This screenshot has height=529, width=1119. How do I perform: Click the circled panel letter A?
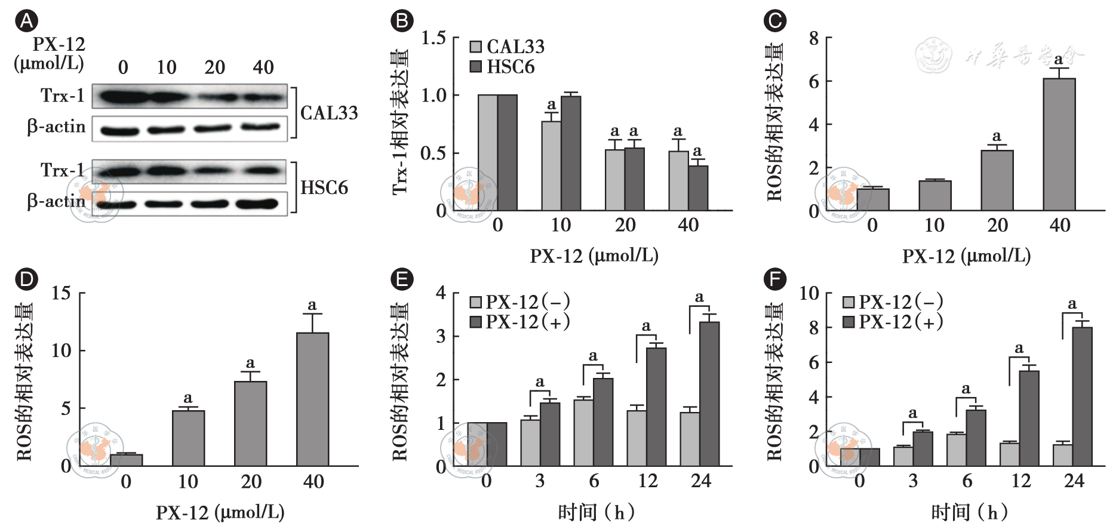click(26, 21)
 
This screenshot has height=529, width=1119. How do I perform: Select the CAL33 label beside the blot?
click(329, 113)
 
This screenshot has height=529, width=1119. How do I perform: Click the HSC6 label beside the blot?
click(324, 187)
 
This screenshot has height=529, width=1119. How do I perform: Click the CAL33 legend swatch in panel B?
click(476, 47)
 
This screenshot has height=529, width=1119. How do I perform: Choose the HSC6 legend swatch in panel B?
click(476, 66)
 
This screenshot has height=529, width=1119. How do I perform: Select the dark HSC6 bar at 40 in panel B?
click(698, 188)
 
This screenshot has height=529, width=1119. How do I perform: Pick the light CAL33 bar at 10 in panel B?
click(551, 166)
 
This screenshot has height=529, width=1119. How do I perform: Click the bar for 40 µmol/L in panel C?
click(1059, 144)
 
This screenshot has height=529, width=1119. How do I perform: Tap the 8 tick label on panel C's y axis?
click(814, 38)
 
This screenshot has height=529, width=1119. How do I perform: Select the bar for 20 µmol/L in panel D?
click(250, 423)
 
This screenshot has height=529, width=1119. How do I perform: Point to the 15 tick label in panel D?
click(61, 293)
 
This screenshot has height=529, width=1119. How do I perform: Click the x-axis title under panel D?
click(220, 512)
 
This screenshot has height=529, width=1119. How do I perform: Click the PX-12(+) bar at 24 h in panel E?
click(709, 394)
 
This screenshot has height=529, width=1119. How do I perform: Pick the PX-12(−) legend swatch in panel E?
click(476, 302)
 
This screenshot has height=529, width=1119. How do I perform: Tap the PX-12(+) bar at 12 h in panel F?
click(1029, 418)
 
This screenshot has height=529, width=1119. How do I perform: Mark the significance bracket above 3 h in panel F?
click(912, 425)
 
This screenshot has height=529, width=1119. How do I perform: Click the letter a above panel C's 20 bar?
click(997, 136)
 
